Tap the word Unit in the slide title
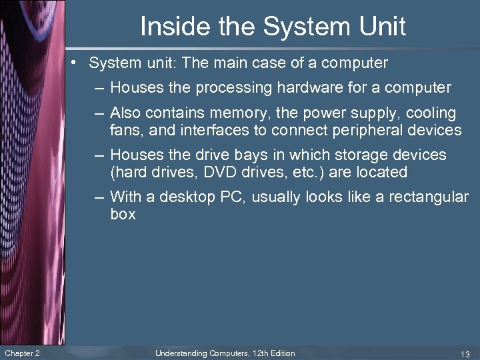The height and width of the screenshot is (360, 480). click(x=381, y=27)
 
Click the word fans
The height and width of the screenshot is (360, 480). click(x=124, y=130)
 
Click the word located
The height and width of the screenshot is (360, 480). click(x=380, y=172)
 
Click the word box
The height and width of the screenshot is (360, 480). click(x=123, y=214)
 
